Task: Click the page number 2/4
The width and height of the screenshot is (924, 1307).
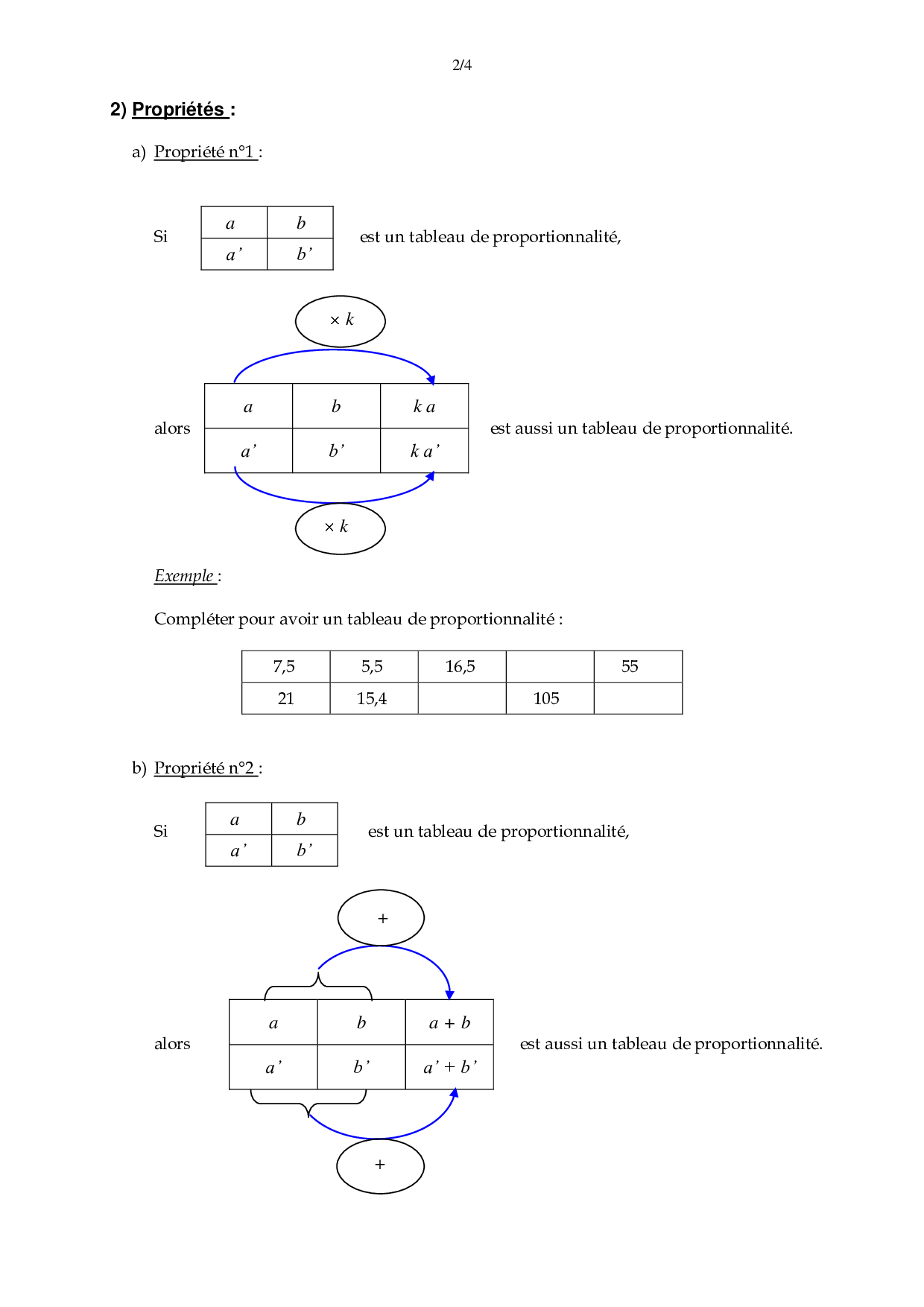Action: [462, 65]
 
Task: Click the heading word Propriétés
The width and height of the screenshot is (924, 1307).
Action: [179, 110]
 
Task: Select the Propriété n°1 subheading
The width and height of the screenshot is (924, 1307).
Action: [205, 152]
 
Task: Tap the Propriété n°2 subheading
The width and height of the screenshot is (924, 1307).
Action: [205, 768]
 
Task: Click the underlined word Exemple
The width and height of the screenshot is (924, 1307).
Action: [184, 576]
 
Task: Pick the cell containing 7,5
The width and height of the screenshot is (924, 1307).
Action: [285, 667]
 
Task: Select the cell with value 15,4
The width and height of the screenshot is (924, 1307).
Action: [373, 699]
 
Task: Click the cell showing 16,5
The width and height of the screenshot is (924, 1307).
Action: [461, 667]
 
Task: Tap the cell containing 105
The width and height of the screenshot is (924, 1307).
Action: [549, 699]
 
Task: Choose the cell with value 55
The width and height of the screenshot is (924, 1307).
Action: [638, 667]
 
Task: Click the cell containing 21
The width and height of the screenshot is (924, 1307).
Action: [285, 699]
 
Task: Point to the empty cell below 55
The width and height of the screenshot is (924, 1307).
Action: [638, 699]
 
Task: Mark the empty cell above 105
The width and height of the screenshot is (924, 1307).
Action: [549, 667]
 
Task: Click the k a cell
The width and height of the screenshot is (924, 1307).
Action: [424, 406]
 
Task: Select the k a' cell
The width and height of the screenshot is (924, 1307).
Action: [424, 451]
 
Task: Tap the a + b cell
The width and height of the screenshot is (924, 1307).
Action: [449, 1022]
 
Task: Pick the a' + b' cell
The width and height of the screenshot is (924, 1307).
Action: [449, 1067]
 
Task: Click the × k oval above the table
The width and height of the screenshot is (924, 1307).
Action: [341, 321]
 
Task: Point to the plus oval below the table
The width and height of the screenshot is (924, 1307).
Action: [380, 1165]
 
